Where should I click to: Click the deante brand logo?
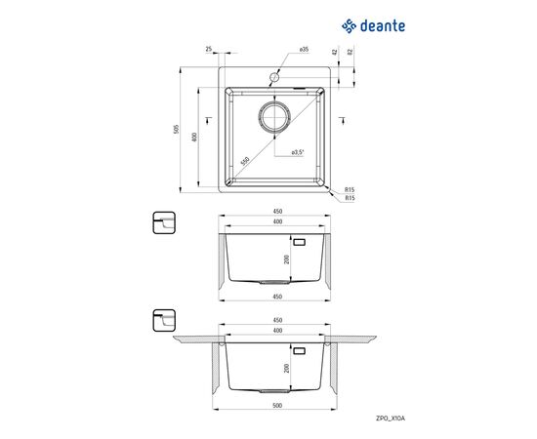tap(373, 26)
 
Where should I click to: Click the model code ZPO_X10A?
tap(391, 419)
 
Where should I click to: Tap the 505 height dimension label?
tap(177, 129)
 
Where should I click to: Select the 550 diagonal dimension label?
tap(245, 161)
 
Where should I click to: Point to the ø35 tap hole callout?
tap(304, 50)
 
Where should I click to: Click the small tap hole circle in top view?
tap(274, 77)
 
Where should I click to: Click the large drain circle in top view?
tap(274, 117)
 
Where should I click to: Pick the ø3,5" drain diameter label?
tap(298, 152)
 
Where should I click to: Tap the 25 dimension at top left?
tap(208, 50)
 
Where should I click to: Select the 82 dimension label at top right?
tap(350, 52)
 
